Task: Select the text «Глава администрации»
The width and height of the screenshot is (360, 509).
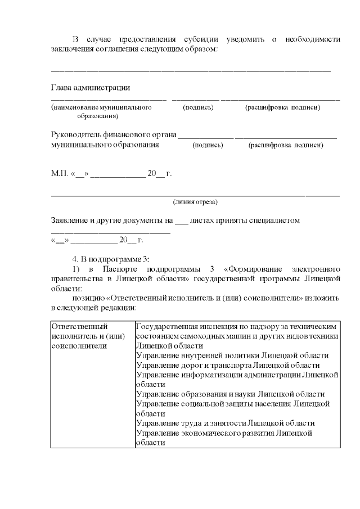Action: [x=91, y=88]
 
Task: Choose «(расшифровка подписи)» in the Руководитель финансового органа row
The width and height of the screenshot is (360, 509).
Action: [x=286, y=145]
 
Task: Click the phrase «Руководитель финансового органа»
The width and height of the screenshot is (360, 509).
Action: [x=113, y=136]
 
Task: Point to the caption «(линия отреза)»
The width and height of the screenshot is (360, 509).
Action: [x=195, y=201]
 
